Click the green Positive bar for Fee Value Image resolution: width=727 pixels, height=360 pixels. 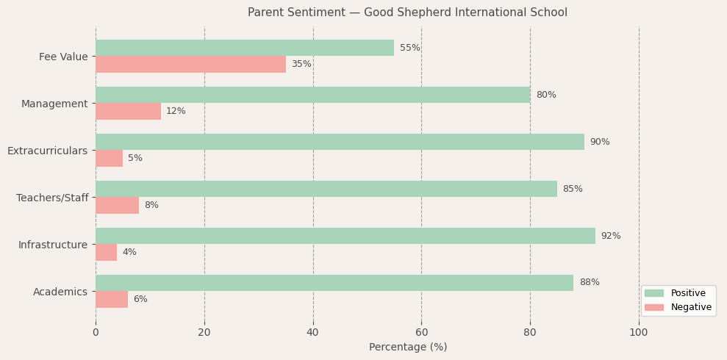point(245,48)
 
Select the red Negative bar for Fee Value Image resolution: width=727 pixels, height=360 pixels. point(190,65)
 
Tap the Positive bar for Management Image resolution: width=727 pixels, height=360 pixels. point(312,95)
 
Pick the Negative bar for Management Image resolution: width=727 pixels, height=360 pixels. point(128,112)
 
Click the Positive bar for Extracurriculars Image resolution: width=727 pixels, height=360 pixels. point(340,142)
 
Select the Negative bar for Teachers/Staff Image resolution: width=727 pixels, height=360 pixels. point(117,206)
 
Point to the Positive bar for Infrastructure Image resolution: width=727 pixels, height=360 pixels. point(345,236)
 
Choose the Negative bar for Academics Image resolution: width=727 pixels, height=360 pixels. point(112,300)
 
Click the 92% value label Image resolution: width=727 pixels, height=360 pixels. point(611,236)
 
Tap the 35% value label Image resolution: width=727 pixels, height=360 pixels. point(301,65)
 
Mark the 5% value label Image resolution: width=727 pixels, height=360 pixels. point(135,159)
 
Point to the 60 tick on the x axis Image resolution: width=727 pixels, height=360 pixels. point(421,333)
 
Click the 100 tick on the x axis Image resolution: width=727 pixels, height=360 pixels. point(639,333)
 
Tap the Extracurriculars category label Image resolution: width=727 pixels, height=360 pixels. point(47,151)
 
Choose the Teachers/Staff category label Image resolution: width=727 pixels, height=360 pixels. point(52,198)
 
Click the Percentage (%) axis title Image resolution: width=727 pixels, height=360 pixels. point(408,348)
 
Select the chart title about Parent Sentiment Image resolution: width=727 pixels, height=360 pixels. point(407,12)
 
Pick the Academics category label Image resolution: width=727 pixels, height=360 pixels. point(60,292)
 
